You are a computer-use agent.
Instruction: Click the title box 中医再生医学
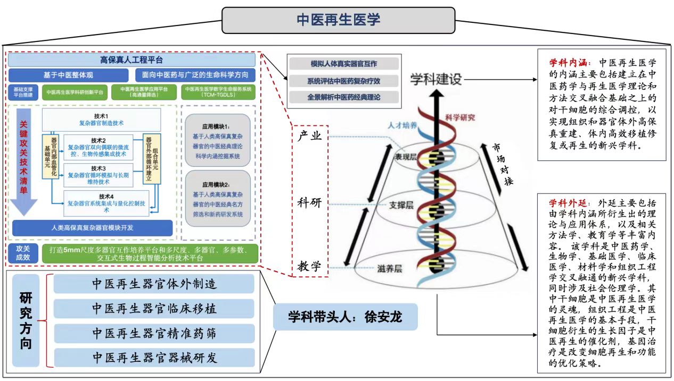tap(338, 20)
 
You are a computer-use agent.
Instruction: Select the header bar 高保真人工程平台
tap(131, 60)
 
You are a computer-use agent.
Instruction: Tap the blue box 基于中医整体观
tap(68, 75)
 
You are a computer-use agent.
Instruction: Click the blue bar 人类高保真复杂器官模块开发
tap(93, 228)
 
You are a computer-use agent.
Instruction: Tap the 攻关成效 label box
tap(23, 252)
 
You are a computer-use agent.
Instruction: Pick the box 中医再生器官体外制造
tap(154, 284)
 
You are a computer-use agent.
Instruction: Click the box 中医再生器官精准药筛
tap(154, 333)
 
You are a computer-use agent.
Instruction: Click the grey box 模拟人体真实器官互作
tap(344, 64)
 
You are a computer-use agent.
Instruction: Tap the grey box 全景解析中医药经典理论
tap(344, 98)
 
